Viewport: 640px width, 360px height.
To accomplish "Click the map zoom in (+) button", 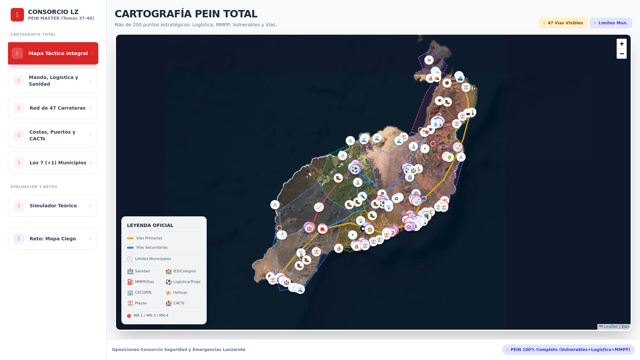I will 621,44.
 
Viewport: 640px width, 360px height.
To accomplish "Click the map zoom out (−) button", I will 621,54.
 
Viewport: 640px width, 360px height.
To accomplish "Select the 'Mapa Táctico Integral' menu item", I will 53,53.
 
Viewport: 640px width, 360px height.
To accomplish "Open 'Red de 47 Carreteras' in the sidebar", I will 52,108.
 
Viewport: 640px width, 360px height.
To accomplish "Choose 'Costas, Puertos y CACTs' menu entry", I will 52,135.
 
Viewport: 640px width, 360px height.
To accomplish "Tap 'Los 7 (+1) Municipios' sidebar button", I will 52,163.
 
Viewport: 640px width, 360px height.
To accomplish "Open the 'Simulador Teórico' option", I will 52,206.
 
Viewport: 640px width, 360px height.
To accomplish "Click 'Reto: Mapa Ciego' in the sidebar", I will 52,239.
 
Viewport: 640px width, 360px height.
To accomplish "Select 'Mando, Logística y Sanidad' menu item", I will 52,81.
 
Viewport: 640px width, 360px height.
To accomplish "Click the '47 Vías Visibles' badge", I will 563,23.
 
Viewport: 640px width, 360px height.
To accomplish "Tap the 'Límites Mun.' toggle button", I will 611,23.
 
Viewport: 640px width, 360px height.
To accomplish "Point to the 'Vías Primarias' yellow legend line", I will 130,238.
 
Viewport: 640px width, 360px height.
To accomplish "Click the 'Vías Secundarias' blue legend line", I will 130,248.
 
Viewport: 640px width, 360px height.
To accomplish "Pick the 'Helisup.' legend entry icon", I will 169,293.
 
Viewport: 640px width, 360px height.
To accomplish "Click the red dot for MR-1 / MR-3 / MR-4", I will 129,316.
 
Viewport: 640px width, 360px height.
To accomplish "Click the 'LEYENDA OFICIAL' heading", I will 150,225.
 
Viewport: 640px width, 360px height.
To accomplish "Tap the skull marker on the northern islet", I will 429,60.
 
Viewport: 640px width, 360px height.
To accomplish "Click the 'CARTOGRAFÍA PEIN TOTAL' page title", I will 186,14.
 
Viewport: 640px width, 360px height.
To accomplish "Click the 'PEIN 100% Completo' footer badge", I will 568,350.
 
